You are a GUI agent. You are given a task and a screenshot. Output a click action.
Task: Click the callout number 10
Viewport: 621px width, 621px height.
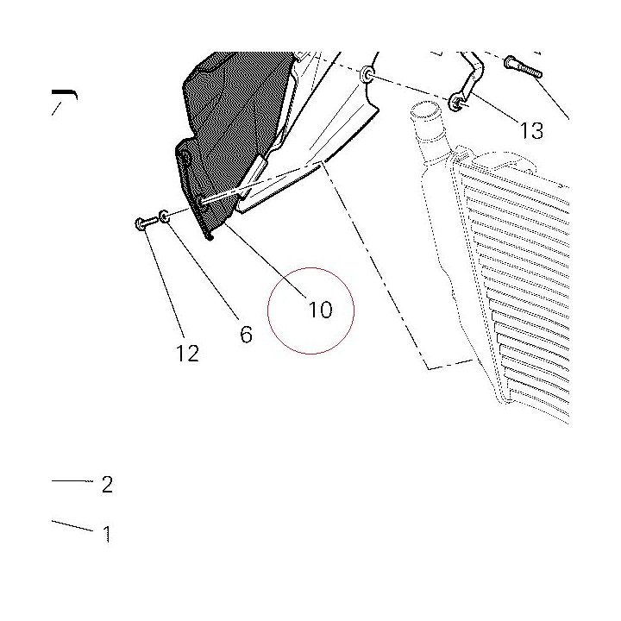pos(320,310)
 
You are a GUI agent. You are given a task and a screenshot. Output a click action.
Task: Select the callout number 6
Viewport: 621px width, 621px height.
pos(246,335)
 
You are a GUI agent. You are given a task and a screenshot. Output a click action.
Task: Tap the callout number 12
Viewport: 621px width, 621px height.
pos(187,353)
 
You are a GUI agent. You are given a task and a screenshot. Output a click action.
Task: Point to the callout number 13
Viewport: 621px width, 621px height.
pos(531,131)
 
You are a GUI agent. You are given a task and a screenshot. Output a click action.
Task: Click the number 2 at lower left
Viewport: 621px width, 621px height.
pos(107,484)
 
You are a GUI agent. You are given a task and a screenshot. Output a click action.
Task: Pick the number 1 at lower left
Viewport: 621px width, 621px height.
pos(107,534)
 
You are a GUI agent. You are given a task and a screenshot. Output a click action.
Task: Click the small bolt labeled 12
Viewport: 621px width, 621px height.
pos(146,223)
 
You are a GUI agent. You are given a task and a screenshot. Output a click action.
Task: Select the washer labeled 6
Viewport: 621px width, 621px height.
pos(165,216)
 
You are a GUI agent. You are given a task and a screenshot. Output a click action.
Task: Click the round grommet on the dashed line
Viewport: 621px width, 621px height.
pos(367,74)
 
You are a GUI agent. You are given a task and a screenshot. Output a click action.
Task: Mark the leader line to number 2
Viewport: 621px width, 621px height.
pos(72,481)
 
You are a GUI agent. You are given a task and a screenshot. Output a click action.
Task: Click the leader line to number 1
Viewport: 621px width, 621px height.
pos(72,525)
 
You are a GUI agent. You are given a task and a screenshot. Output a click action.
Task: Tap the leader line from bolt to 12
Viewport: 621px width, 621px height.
pos(163,281)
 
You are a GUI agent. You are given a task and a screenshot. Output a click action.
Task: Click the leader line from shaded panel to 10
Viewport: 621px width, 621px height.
pos(266,260)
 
